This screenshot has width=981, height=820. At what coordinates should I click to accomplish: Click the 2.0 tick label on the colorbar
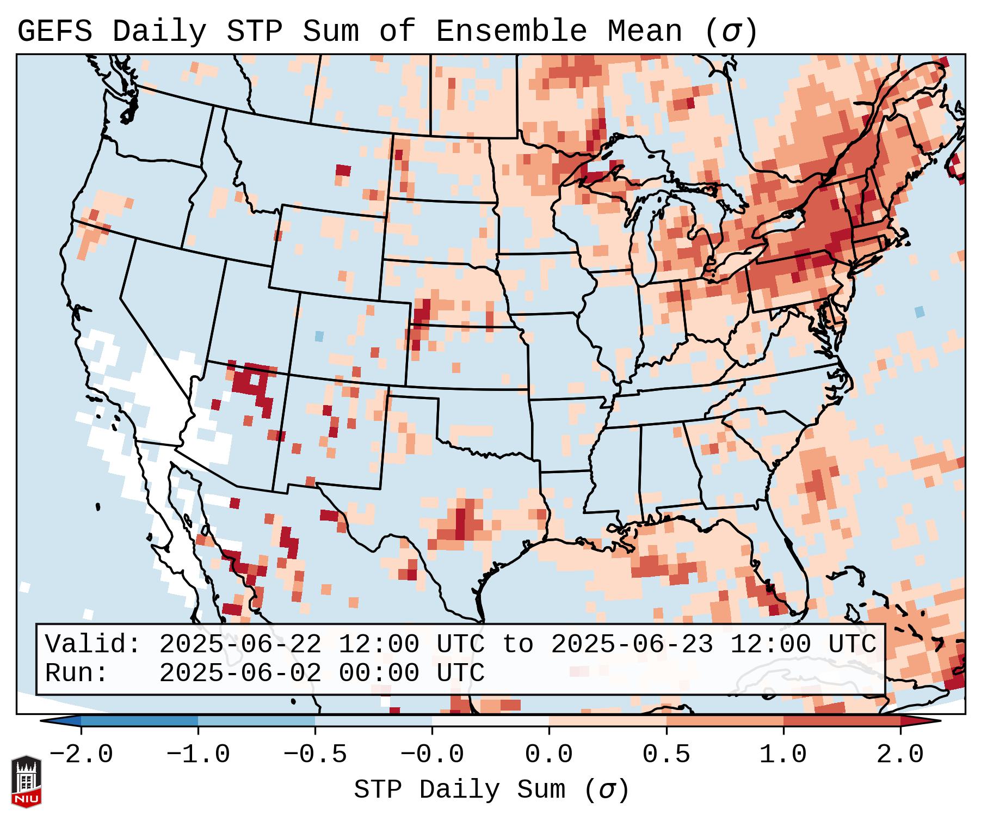tap(900, 755)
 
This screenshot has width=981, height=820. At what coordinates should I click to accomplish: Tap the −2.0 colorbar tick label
tap(81, 755)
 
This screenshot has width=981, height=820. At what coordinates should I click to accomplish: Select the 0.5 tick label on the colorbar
tap(666, 755)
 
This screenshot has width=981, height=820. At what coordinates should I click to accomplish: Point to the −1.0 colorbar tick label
tap(198, 755)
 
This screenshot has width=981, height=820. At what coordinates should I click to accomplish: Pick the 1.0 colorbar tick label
tap(783, 755)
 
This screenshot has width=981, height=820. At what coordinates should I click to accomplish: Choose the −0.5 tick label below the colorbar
tap(315, 755)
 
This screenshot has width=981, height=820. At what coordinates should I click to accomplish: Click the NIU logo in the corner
tap(26, 781)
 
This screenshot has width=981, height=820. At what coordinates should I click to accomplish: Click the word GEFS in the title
tap(55, 32)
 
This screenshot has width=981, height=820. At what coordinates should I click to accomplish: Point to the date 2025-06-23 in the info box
tap(632, 644)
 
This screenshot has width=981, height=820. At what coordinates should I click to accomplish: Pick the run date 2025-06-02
tap(240, 673)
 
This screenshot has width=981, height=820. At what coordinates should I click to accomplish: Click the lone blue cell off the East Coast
tap(920, 312)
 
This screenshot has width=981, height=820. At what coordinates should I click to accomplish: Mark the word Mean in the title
tap(644, 32)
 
